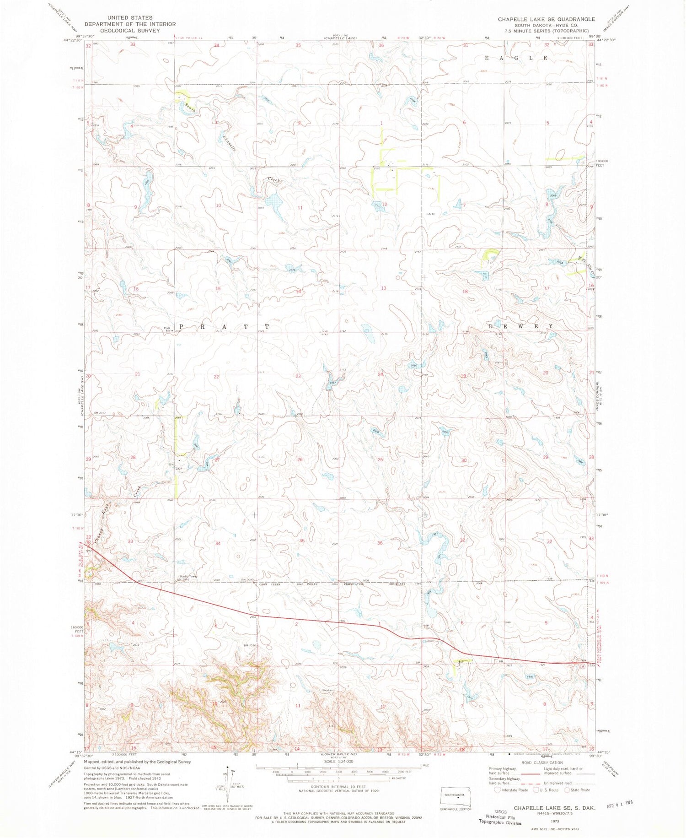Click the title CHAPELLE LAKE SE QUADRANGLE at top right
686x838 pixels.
coord(546,19)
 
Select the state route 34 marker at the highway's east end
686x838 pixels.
coord(582,666)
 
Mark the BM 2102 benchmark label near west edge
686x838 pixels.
coord(100,413)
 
